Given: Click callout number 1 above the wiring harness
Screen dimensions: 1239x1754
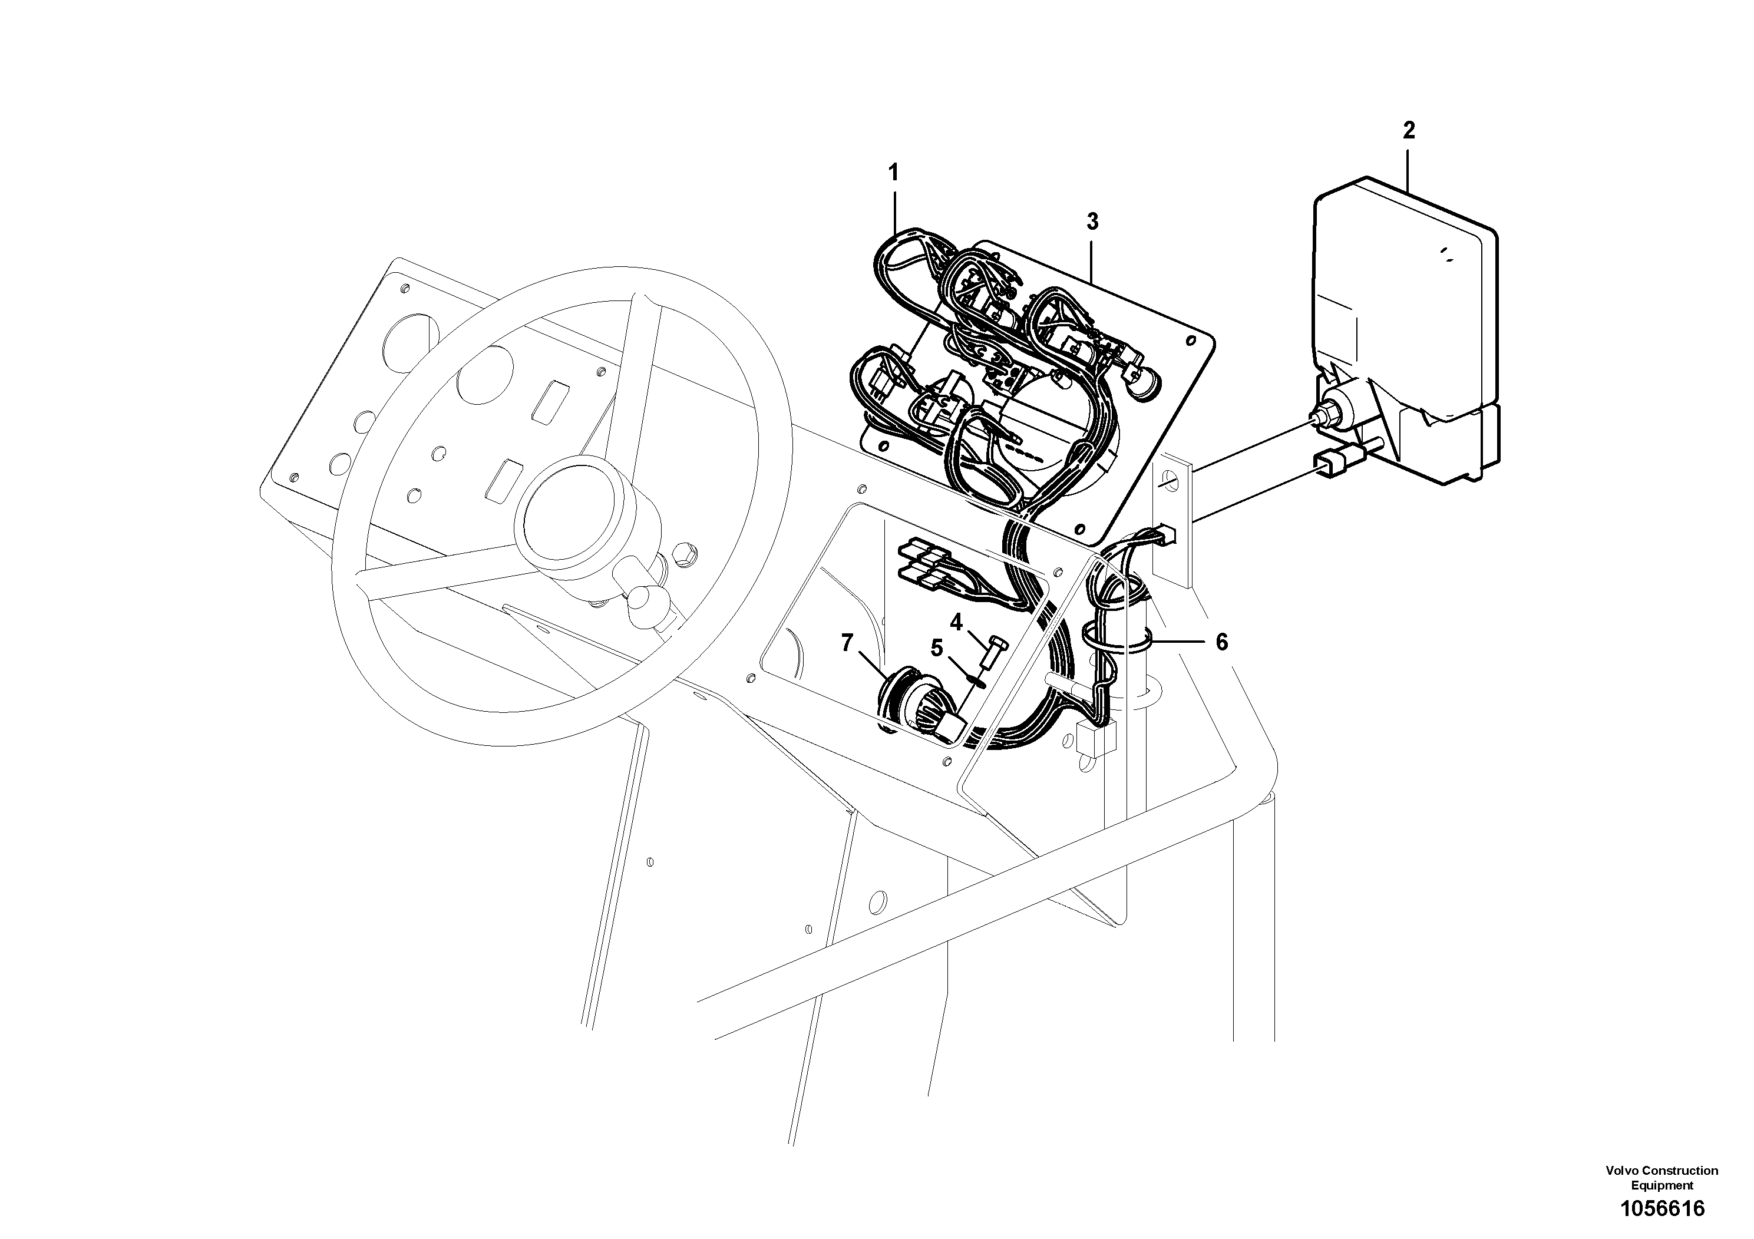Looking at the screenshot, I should (893, 173).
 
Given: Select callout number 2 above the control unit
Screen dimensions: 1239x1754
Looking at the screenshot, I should (1409, 131).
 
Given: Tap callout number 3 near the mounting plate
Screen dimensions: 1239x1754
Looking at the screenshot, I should (1092, 222).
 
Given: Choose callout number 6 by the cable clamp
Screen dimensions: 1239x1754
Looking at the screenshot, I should (1221, 642).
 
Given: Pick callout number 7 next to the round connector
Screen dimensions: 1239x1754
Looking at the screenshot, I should (847, 643).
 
